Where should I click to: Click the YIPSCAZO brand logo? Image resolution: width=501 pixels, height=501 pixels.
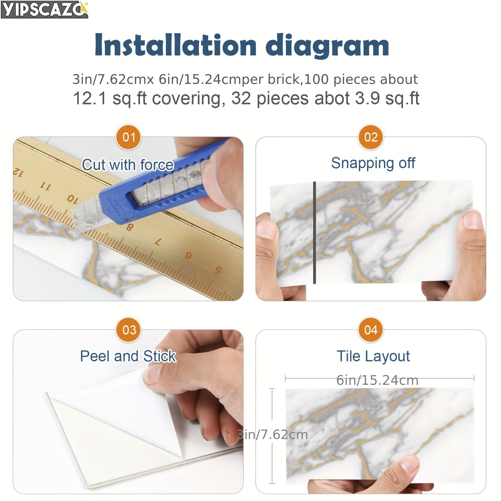point(44,9)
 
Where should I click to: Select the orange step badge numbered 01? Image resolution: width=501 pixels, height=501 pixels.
point(129,137)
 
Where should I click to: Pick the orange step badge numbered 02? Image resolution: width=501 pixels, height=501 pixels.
point(371,137)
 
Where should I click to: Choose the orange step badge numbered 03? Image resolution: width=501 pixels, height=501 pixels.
point(129,330)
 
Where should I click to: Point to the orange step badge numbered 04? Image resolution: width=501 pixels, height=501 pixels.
point(371,330)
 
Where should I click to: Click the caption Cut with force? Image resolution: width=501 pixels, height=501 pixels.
point(128,165)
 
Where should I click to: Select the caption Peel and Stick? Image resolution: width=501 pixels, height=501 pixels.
point(128,356)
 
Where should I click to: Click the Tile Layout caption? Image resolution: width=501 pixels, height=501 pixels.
point(373,356)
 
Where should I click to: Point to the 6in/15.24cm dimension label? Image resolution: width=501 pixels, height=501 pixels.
point(377,380)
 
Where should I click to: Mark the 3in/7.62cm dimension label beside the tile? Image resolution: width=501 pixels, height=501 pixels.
point(272,435)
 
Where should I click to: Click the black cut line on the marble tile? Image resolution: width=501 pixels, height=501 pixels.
point(314,233)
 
